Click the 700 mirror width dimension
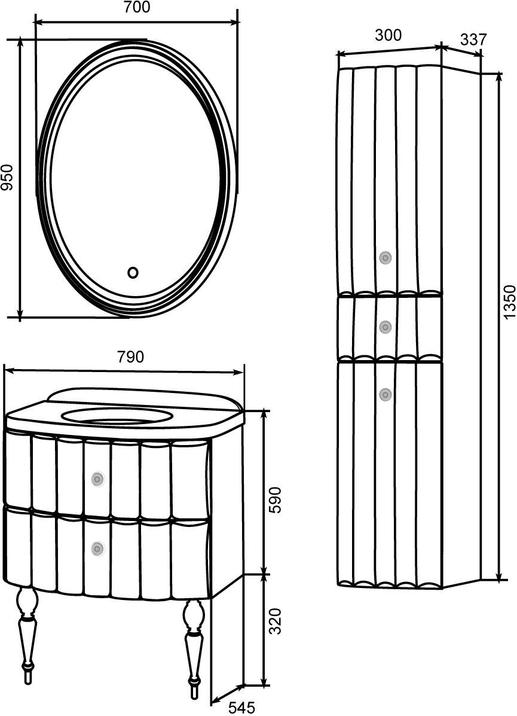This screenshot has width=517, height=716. [137, 7]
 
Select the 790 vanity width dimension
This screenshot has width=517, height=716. [130, 357]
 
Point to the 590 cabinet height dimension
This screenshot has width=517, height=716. [275, 500]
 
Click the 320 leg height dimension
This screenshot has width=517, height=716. [275, 621]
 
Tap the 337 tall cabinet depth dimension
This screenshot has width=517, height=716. [473, 39]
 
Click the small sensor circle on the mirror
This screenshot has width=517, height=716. [133, 273]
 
